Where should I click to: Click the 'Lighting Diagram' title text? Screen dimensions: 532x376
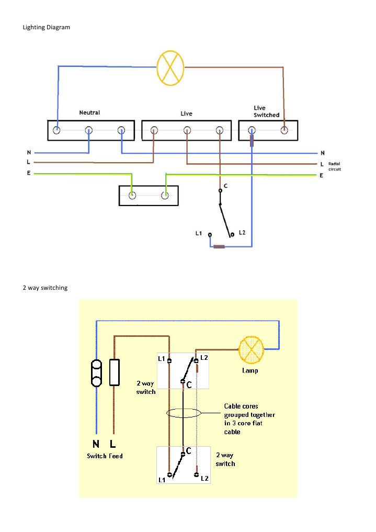pos(46,27)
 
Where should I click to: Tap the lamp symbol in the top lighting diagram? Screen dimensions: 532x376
pos(171,68)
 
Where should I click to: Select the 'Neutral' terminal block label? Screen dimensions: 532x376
pos(89,112)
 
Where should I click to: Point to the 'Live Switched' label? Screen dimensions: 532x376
pos(267,111)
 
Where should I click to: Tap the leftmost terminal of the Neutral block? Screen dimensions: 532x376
pos(56,130)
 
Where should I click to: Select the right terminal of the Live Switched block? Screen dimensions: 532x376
pos(284,130)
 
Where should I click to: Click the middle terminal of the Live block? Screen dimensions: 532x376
pos(187,130)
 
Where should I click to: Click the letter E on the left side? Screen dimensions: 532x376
pos(29,173)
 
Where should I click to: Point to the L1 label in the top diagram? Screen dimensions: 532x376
pos(199,233)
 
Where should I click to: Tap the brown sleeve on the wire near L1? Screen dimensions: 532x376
pos(219,246)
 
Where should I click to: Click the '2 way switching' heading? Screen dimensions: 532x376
pos(44,288)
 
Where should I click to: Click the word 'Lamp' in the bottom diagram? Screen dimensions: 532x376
pos(250,370)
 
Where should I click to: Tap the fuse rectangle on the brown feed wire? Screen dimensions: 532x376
pos(115,372)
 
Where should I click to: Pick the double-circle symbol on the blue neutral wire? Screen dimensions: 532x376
pos(96,372)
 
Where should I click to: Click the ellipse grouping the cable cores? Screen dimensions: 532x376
pos(183,414)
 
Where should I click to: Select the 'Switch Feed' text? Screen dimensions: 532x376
pos(105,456)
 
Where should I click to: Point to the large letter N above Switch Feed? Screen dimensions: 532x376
pos(96,444)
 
